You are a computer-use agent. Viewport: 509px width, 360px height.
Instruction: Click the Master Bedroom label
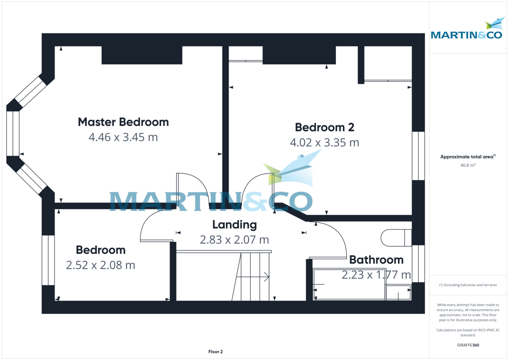point(123,122)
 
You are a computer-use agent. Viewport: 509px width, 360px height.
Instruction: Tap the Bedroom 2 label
point(324,127)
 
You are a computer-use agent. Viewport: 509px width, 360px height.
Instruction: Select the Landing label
point(234,225)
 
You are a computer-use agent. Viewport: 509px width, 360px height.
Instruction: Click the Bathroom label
point(376,260)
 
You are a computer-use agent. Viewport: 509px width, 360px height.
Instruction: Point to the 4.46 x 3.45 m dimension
point(123,137)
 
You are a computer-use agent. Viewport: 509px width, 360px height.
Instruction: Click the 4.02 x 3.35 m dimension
point(324,143)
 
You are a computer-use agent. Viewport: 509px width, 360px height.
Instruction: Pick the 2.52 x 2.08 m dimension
point(101,265)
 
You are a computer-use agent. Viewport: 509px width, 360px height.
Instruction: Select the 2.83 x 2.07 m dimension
point(234,240)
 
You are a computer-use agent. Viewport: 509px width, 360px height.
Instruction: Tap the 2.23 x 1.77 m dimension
point(376,275)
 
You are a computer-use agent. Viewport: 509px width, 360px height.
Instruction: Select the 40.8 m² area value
point(468,165)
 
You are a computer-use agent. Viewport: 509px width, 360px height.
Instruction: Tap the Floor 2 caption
point(215,352)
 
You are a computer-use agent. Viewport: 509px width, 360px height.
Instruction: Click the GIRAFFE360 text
point(468,345)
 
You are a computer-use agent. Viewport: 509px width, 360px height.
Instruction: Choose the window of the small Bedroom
point(48,260)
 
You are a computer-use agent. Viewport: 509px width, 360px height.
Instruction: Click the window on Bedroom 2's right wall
point(418,155)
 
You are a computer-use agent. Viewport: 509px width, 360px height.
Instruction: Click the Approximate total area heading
point(467,157)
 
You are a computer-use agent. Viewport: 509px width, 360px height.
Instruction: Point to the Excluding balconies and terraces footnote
point(468,285)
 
